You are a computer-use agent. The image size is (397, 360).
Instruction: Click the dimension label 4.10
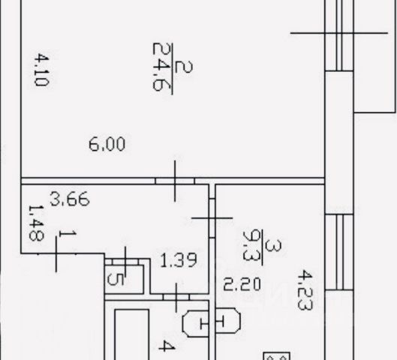click(42, 70)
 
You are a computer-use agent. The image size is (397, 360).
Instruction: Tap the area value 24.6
click(160, 67)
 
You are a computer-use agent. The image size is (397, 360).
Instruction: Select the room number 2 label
click(184, 67)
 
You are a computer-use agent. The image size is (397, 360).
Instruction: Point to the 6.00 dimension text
click(107, 144)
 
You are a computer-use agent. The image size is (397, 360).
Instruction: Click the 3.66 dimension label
click(70, 199)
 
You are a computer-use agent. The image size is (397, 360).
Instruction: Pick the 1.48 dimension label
click(37, 223)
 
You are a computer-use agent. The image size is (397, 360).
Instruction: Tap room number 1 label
click(67, 234)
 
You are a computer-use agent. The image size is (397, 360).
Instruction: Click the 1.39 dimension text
click(179, 260)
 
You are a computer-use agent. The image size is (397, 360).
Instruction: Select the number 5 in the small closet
click(116, 279)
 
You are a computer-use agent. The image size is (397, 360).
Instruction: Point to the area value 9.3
click(250, 245)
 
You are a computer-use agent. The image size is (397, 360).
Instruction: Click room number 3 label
click(273, 246)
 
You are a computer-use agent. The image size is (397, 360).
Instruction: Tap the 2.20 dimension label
click(242, 283)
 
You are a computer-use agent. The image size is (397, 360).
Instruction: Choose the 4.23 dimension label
click(305, 290)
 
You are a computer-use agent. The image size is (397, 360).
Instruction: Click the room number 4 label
click(167, 346)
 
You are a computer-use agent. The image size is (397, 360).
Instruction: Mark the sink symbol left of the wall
click(195, 324)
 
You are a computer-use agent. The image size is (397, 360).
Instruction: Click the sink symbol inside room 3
click(228, 320)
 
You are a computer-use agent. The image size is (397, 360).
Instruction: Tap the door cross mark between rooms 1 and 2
click(175, 181)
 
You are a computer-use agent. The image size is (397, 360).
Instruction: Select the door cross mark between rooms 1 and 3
click(212, 217)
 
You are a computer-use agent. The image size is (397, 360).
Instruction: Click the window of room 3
click(339, 252)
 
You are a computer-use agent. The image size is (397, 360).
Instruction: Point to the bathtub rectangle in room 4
click(131, 334)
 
